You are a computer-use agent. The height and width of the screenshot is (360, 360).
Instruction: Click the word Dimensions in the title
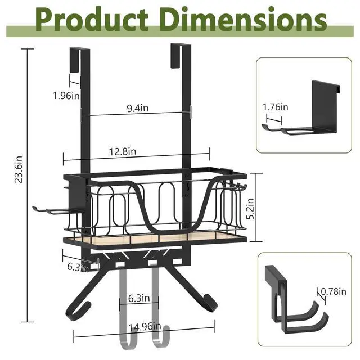(x=244, y=19)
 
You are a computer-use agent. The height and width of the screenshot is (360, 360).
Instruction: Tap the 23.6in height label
(x=19, y=169)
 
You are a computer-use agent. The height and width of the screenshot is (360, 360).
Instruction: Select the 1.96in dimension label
(x=66, y=96)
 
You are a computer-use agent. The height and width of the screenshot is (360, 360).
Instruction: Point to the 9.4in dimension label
(x=138, y=107)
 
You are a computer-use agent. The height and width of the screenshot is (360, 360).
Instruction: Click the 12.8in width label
(x=123, y=151)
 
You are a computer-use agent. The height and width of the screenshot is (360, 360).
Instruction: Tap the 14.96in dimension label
(x=145, y=327)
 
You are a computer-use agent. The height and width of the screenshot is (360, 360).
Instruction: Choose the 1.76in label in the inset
(x=275, y=107)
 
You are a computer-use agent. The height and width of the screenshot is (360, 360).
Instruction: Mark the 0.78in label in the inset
(x=334, y=291)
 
